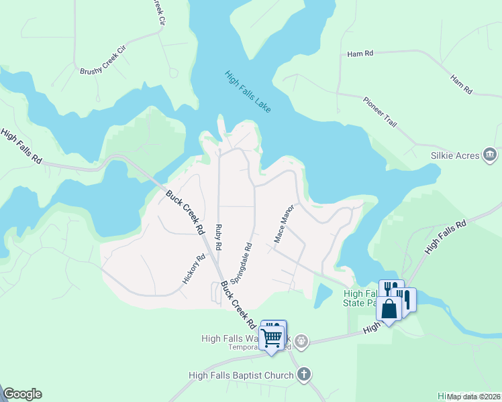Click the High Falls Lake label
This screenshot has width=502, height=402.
pos(248,91)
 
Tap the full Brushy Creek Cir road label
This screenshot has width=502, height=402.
pos(103,60)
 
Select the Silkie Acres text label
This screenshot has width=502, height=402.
pos(454,155)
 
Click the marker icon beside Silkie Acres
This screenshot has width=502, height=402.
pos(490,155)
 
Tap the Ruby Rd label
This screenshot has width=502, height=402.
pos(218,237)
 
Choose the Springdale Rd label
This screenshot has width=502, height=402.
pos(241,262)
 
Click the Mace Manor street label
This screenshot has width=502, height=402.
pos(284,224)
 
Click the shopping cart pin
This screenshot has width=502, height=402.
pos(272,336)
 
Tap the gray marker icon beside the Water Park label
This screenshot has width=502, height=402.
pos(302,342)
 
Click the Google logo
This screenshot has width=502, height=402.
pos(22,394)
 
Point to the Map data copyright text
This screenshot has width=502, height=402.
pos(473,396)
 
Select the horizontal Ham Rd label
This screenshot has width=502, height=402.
pos(360,54)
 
